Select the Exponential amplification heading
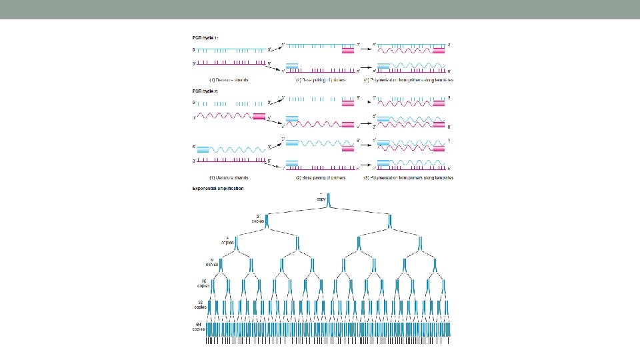[x=218, y=189]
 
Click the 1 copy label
[x=321, y=198]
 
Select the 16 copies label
[x=203, y=283]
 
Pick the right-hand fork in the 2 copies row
[x=389, y=221]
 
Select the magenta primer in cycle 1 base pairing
[x=348, y=51]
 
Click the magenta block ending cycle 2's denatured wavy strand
[x=259, y=117]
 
